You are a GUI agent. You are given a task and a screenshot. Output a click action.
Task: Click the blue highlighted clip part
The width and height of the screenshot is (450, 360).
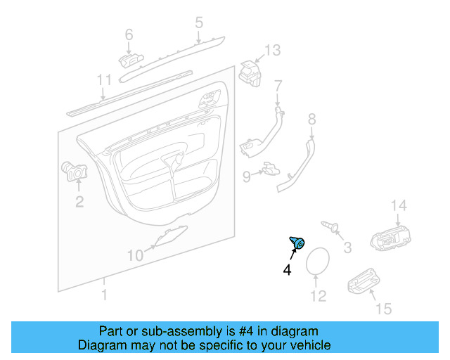coord(297,243)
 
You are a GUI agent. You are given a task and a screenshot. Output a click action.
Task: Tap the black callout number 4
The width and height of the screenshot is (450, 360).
coord(287,270)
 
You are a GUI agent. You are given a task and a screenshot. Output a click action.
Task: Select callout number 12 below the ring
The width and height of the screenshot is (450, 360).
coord(319,296)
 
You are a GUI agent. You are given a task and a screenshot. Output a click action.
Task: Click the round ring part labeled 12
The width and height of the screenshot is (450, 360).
coord(307,262)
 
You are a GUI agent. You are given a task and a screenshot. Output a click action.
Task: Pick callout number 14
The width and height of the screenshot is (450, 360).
coord(399,205)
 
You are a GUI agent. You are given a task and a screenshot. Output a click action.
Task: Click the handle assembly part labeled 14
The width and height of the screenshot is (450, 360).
coord(391,238)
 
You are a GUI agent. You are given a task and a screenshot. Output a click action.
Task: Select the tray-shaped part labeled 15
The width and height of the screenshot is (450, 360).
coord(364,281)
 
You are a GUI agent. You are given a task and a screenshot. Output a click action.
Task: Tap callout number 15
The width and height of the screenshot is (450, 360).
coord(384,309)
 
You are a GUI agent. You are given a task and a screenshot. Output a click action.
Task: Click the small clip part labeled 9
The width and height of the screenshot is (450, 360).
coord(271,169)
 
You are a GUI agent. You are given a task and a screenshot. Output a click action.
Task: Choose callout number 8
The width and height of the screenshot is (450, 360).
coord(312,119)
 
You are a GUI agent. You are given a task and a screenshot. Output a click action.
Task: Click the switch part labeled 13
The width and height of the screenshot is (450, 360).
coord(250,74)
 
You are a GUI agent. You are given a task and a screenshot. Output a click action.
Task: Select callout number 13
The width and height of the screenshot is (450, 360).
coord(272,50)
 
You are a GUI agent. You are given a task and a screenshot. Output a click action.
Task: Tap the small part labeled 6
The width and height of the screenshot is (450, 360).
coord(131,61)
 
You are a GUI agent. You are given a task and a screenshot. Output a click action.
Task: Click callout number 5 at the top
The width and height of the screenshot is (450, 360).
coord(199,22)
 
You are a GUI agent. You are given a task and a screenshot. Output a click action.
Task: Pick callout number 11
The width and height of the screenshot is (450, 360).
coord(104,80)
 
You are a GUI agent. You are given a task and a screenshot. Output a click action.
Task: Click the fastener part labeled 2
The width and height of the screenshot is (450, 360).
coord(75,172)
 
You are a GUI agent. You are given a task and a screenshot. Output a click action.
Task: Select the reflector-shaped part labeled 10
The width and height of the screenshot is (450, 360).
coord(171,236)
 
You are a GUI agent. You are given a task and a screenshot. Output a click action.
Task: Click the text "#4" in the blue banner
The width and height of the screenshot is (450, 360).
coord(246,331)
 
